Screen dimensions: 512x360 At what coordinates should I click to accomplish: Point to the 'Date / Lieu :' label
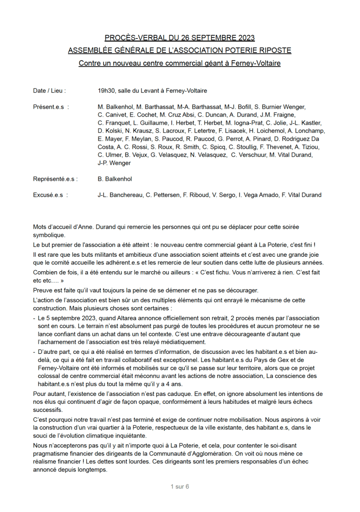49,91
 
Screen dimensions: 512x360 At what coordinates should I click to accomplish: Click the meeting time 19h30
106,91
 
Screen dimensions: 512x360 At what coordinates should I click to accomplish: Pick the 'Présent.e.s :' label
51,107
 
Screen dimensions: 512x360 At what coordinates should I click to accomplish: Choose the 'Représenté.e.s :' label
55,179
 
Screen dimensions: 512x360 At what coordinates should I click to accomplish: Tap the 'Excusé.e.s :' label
50,195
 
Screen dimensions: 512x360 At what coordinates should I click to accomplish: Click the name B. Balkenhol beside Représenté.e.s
115,179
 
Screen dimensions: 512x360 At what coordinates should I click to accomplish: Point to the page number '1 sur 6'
179,486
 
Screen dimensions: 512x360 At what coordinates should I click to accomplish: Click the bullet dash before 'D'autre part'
34,352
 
